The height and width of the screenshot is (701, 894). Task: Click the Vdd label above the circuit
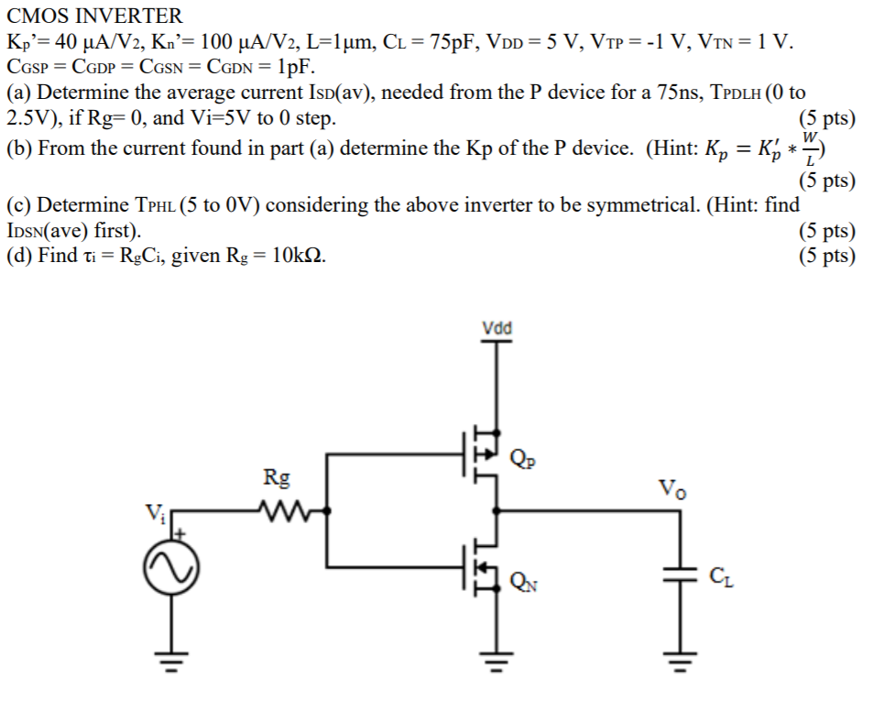coord(497,328)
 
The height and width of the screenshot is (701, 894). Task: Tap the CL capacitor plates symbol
coord(680,575)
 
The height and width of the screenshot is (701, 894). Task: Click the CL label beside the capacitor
coord(721,576)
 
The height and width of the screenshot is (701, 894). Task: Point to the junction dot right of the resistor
coord(328,509)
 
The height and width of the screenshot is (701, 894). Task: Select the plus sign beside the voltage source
coord(180,531)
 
